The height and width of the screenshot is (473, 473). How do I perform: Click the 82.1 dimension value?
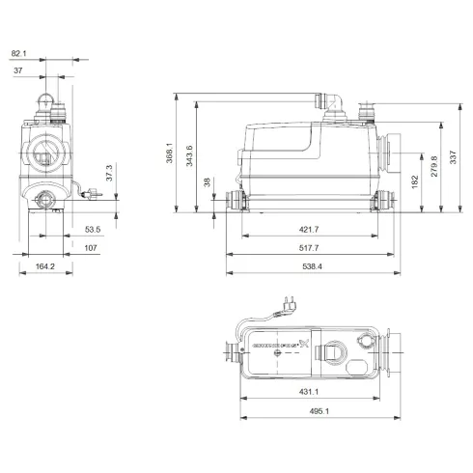[19, 53]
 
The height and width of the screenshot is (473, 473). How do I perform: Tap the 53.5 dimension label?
[93, 230]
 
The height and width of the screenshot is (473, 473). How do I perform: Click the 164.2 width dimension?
[44, 266]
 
